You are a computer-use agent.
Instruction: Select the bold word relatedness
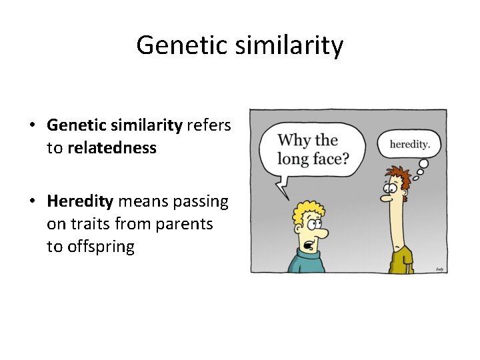111,147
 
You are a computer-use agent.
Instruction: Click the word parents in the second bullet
184,224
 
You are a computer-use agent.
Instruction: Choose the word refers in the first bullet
209,125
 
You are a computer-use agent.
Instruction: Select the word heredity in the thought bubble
409,144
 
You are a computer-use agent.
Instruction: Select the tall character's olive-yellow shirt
402,260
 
